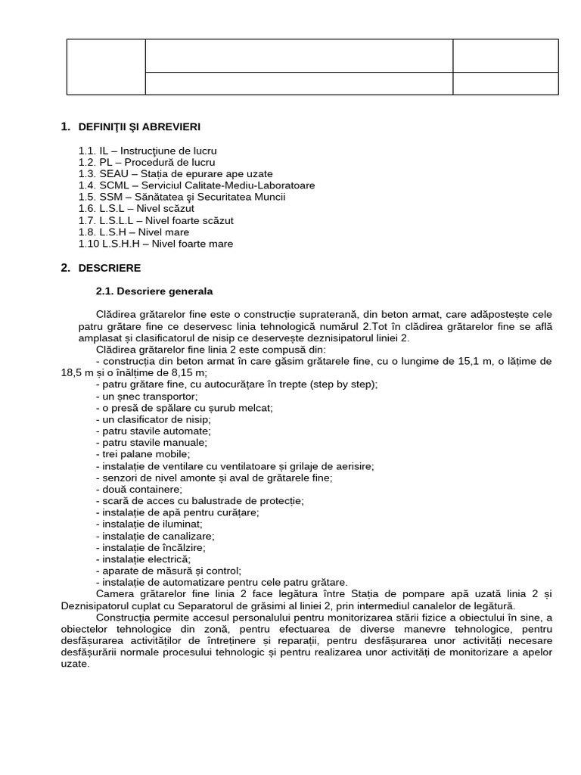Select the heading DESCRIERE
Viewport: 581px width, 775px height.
tap(109, 268)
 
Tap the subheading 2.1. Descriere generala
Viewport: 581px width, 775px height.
tap(154, 291)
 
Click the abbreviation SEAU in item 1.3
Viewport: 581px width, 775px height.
tap(113, 173)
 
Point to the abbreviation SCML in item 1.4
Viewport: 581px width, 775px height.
tap(113, 185)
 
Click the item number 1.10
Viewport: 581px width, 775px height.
tap(89, 244)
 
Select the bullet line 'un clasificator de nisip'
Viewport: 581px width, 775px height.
tap(153, 419)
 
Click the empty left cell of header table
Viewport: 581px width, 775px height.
tap(105, 67)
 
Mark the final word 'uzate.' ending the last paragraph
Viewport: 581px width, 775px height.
tap(74, 664)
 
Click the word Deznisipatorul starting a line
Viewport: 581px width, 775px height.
tap(95, 605)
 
